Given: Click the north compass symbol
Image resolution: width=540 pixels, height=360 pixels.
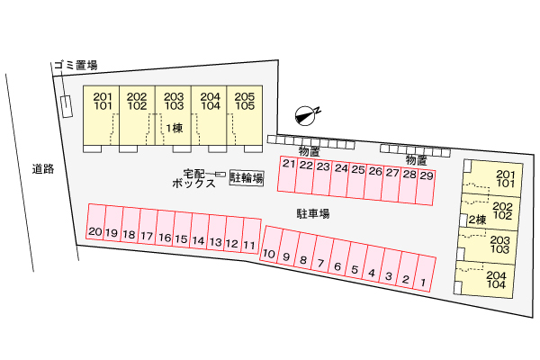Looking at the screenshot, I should point(307,113).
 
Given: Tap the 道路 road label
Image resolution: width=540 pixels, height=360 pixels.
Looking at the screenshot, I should point(41,168).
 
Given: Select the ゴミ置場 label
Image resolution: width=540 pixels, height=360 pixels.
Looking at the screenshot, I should point(74,66).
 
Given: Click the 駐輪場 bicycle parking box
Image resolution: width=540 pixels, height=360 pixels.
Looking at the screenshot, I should point(246,178).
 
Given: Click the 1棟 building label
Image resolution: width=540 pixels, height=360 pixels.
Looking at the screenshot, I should point(173,127).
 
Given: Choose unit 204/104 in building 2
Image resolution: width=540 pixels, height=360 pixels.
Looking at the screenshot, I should point(495,279).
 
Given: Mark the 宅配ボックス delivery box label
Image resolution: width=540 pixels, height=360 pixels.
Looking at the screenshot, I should point(193,177).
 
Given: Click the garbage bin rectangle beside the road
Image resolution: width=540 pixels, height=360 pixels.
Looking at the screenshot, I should point(67,106).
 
